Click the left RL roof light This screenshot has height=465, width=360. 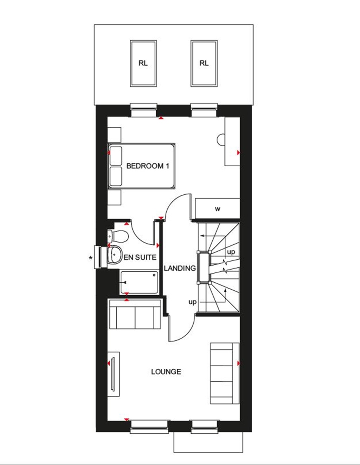click(143, 63)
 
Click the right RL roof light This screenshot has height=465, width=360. click(204, 63)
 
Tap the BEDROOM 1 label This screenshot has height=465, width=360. click(148, 166)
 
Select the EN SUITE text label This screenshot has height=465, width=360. click(140, 257)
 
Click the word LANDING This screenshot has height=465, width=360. click(180, 268)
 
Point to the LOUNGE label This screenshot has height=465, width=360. click(166, 372)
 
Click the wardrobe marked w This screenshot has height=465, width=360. click(218, 209)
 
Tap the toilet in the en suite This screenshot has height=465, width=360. click(118, 236)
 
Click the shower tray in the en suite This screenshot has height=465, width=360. click(139, 283)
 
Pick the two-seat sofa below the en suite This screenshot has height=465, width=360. click(135, 314)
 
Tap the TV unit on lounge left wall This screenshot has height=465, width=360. click(114, 374)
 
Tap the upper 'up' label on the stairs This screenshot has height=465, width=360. click(231, 252)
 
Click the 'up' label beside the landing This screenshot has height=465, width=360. click(192, 302)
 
